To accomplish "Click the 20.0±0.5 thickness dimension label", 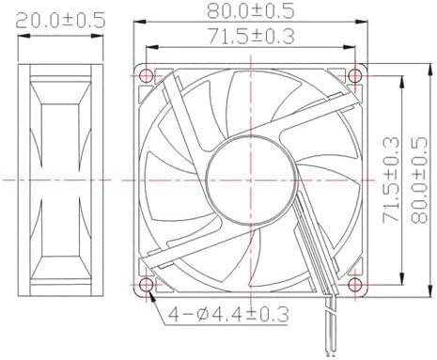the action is click(60, 21).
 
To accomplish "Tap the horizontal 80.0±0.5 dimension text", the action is click(251, 11).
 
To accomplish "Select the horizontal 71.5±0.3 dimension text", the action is click(252, 36).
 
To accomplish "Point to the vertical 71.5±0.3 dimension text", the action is click(391, 180).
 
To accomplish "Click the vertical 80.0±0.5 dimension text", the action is click(419, 180).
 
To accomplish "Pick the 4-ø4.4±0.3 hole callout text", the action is click(228, 314).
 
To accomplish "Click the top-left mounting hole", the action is click(147, 75).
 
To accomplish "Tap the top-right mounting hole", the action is click(355, 75).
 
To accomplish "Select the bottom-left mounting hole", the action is click(147, 285).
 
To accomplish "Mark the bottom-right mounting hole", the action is click(355, 285).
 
